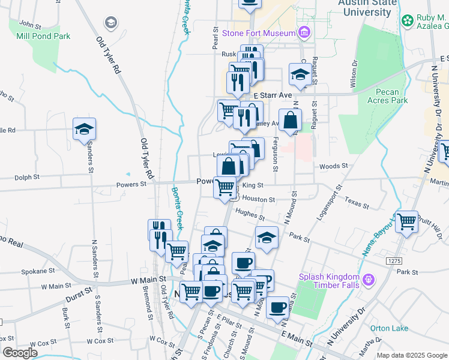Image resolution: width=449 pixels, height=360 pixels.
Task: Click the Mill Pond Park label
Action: (x=52, y=36)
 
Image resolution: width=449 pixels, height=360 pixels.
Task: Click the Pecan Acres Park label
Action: (x=391, y=97)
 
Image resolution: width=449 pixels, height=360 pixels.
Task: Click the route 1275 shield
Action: (x=394, y=261)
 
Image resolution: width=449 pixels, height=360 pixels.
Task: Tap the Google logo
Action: (x=20, y=353)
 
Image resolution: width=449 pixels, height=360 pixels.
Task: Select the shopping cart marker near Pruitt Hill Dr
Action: (x=407, y=223)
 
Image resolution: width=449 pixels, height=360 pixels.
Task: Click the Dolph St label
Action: (x=27, y=178)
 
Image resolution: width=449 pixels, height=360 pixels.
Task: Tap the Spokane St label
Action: (x=34, y=271)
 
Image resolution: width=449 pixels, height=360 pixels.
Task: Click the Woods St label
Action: (x=334, y=166)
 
